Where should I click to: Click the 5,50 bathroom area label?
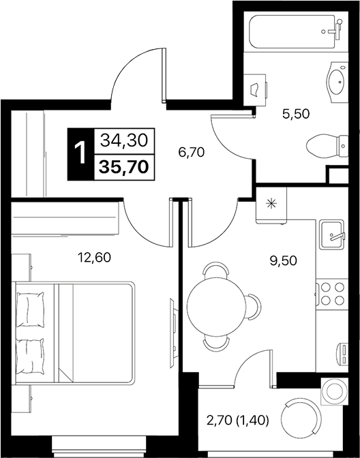pos(296,114)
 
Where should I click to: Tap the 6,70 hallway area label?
pos(192,152)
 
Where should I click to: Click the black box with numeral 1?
pos(80,153)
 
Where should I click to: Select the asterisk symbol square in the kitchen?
pos(272,203)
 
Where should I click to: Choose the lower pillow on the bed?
pos(29,355)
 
